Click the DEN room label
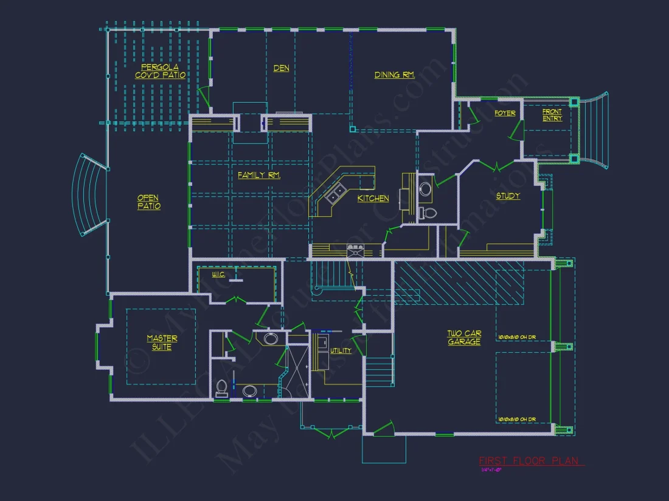coord(281,69)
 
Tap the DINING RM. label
coord(394,75)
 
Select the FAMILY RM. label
coord(259,176)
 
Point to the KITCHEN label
coord(373,199)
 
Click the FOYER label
coord(505,114)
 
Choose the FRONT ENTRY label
coord(552,115)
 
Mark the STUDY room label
coord(508,196)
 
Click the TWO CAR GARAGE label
coord(464,338)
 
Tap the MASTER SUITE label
coord(162,343)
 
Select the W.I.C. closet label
coord(219,275)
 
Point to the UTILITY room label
coord(341,351)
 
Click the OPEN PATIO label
coord(148,202)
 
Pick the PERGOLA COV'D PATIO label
coord(160,71)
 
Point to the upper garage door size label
coord(517,336)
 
